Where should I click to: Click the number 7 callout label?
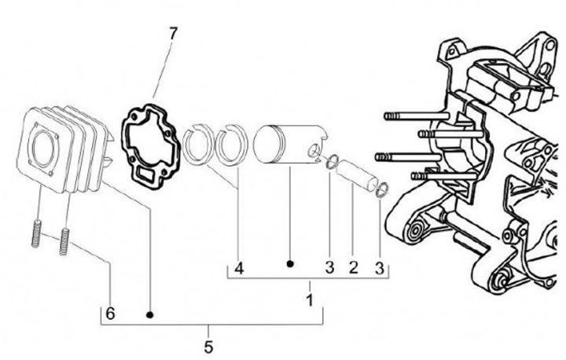pyautogui.click(x=173, y=34)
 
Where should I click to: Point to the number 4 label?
pyautogui.click(x=239, y=268)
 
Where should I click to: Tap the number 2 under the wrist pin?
pyautogui.click(x=354, y=268)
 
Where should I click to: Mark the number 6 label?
pyautogui.click(x=111, y=314)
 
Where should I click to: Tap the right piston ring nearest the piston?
pyautogui.click(x=232, y=146)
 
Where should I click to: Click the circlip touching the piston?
pyautogui.click(x=332, y=163)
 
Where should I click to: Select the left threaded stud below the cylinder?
pyautogui.click(x=35, y=233)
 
